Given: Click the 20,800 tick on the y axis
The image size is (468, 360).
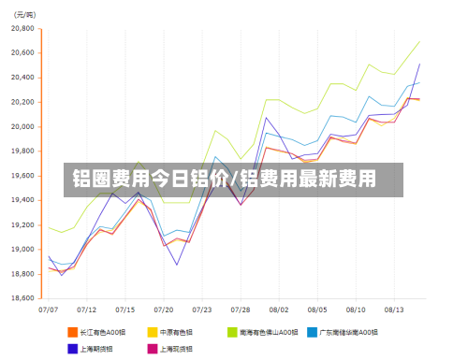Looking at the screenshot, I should [x=21, y=29].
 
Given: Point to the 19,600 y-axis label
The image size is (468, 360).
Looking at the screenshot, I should [x=21, y=176].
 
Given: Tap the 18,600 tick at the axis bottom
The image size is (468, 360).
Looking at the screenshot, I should [x=21, y=298].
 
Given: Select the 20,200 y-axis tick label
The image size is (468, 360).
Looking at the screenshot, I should [x=21, y=102].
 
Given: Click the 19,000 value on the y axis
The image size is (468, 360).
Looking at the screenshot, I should [x=21, y=250].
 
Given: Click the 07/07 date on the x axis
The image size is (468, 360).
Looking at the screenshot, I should [x=49, y=308].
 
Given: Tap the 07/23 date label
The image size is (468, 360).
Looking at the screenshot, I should [x=201, y=308].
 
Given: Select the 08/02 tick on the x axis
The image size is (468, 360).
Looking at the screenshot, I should [x=278, y=308].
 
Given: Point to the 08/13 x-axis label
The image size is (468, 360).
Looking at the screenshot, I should [x=393, y=308].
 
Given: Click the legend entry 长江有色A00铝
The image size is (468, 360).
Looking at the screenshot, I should [x=102, y=331].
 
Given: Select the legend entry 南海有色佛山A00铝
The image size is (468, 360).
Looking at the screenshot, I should [x=267, y=331].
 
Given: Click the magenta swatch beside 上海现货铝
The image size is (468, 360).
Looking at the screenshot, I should [x=152, y=348].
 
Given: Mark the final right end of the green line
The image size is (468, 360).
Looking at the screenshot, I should [x=419, y=41].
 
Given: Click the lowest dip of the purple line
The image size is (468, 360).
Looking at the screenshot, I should [x=177, y=265].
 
